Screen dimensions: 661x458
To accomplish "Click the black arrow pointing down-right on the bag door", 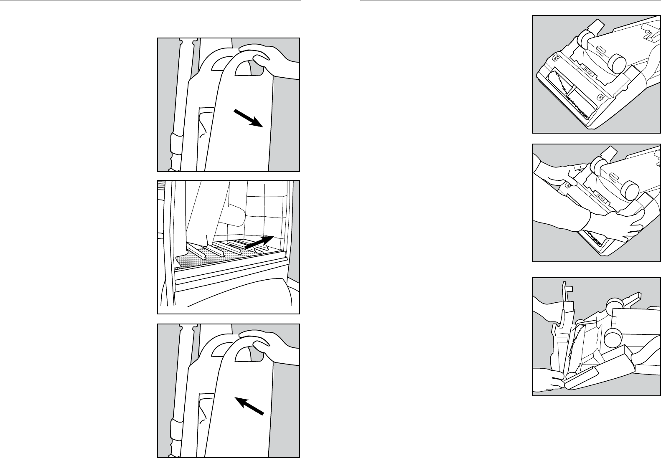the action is tap(248, 117).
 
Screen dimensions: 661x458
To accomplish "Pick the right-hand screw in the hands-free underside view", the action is tap(600, 98).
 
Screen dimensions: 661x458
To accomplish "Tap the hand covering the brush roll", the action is tap(614, 225).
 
